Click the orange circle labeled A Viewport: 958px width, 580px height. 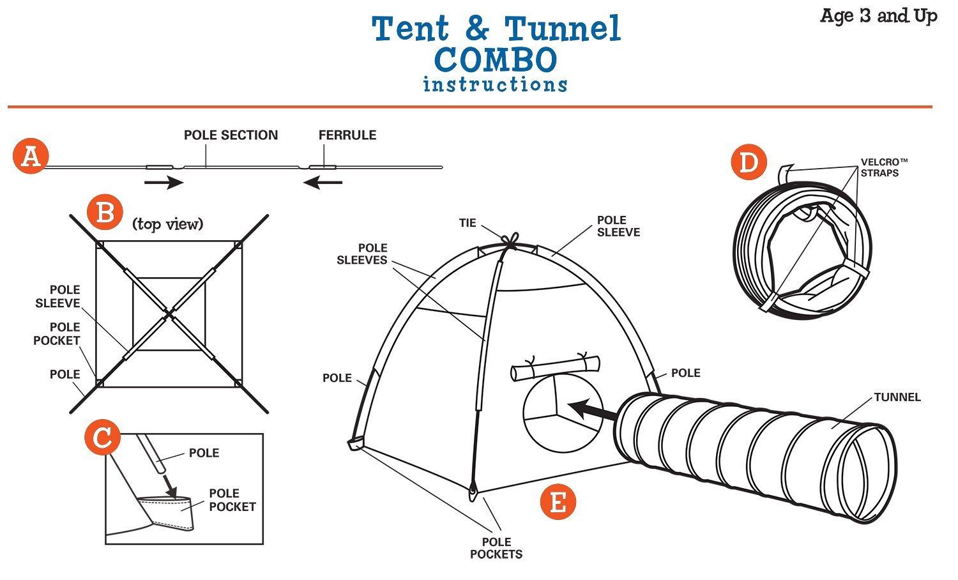[30, 156]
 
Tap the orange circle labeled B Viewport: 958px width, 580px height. [105, 213]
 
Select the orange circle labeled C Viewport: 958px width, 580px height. [102, 438]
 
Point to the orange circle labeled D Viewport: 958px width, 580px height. [748, 162]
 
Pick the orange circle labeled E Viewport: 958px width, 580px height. [558, 502]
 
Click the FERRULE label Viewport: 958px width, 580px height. [347, 135]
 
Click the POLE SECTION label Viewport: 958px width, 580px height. [231, 135]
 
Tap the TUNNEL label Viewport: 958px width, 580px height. [897, 397]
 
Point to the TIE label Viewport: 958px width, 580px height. [468, 223]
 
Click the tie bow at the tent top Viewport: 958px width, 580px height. [510, 241]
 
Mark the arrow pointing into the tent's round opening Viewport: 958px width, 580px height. [591, 409]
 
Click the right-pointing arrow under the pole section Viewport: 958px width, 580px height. [164, 183]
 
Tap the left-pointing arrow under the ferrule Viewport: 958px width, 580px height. [323, 183]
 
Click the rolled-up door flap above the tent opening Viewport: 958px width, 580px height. [555, 369]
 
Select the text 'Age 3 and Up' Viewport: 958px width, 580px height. [878, 16]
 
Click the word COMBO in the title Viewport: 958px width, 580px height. [496, 60]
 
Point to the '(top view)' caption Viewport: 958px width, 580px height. [167, 224]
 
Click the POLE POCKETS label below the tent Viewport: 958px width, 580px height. [496, 548]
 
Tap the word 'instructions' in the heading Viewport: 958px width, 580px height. [495, 84]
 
